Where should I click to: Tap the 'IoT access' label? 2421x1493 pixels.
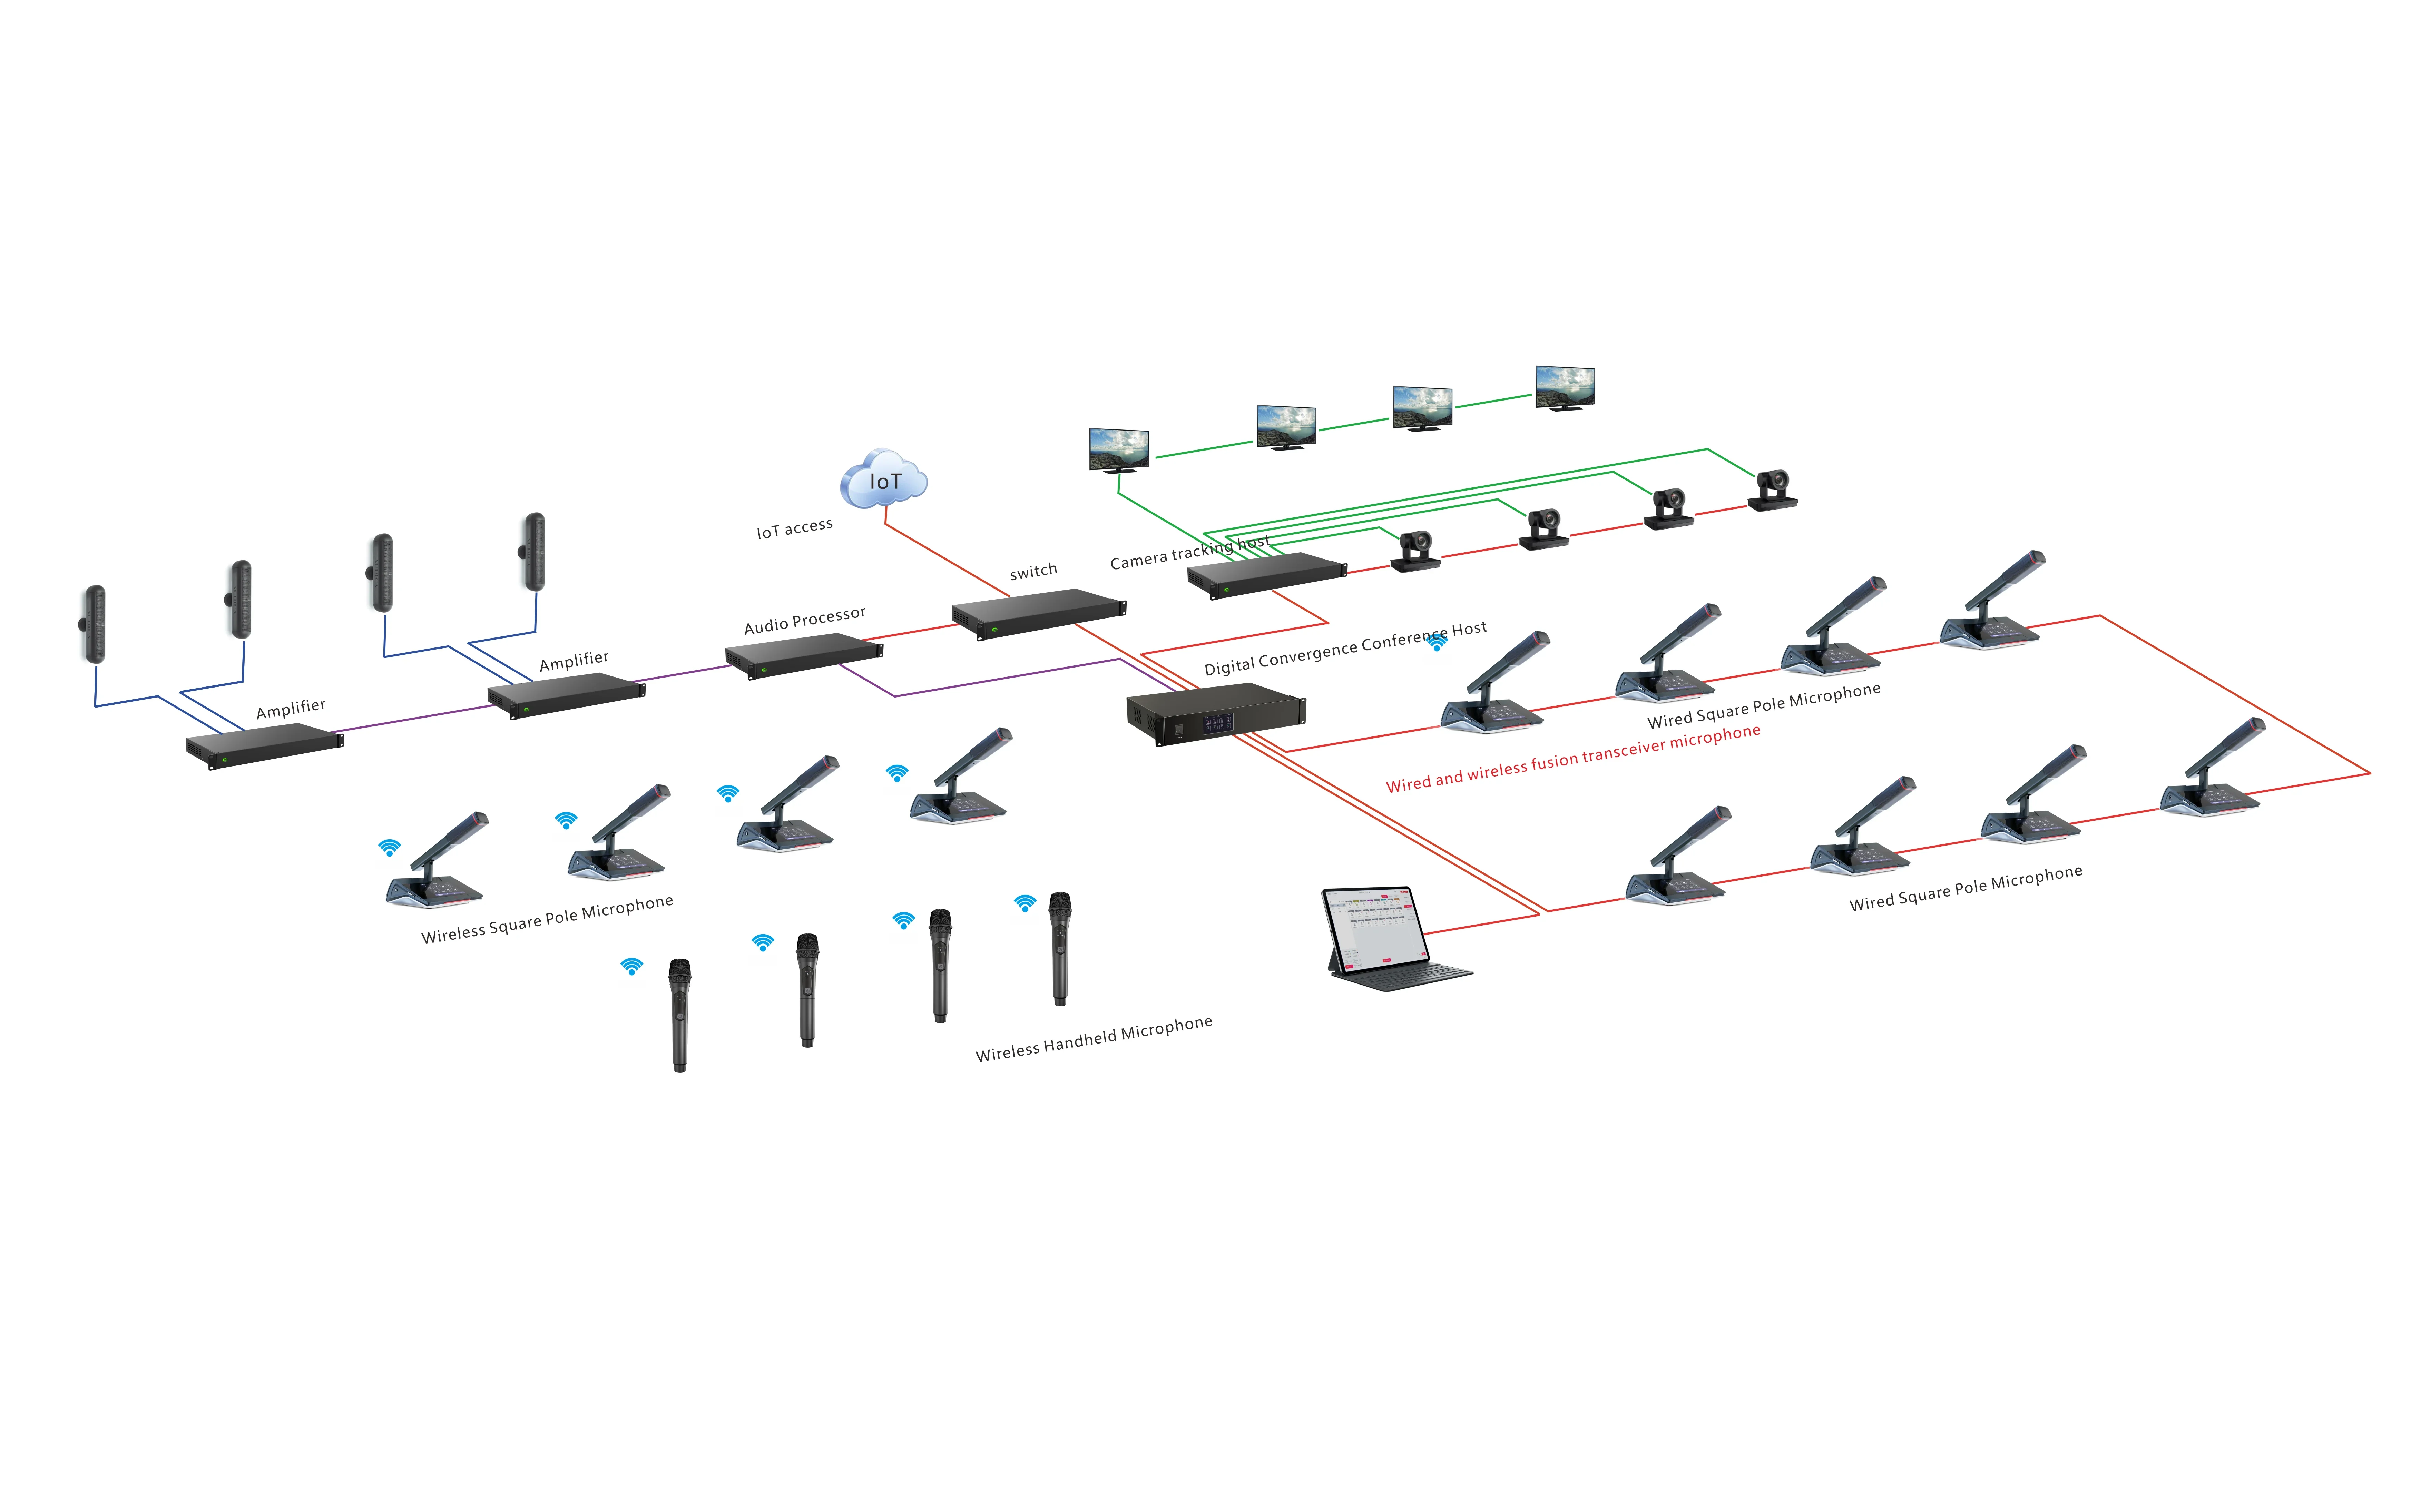click(794, 528)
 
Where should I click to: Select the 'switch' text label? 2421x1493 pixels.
click(1033, 571)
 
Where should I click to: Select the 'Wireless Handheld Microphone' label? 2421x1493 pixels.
click(1094, 1039)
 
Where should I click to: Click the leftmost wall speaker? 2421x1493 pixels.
click(94, 624)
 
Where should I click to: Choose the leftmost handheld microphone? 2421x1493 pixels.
click(679, 1015)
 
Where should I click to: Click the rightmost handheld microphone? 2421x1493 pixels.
click(1060, 948)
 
